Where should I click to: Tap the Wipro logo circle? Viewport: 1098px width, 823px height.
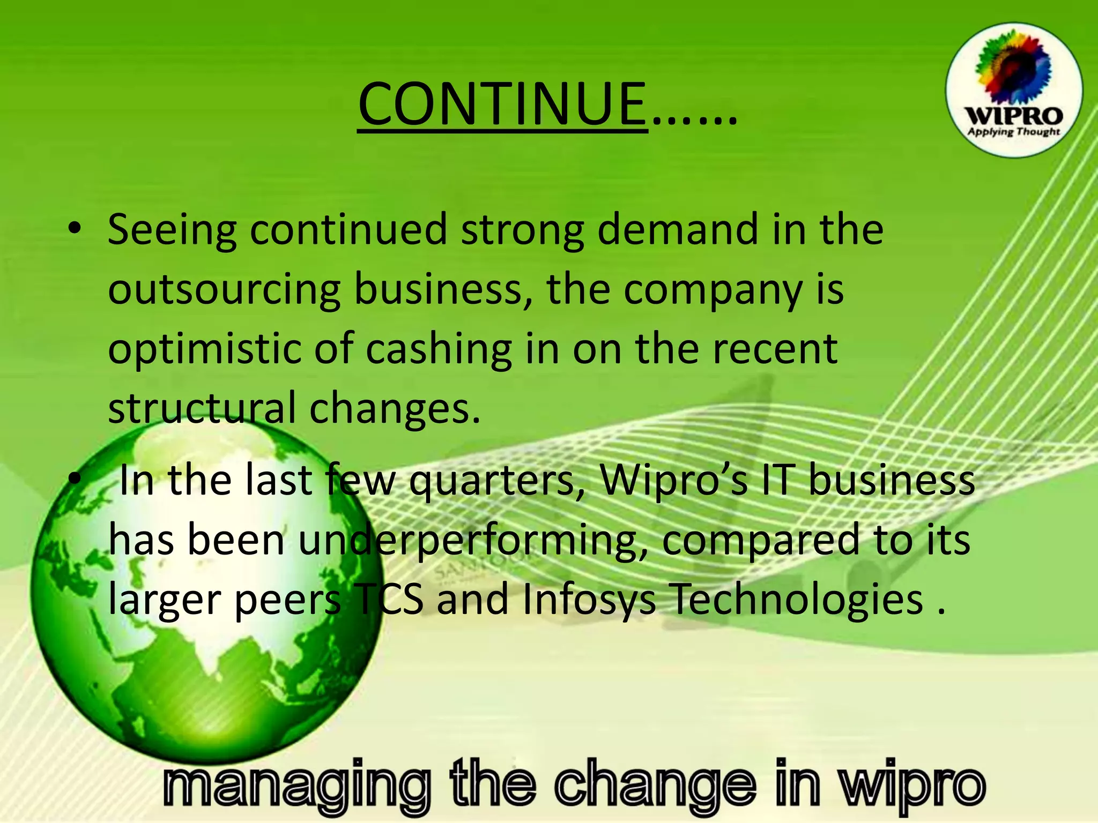pyautogui.click(x=1013, y=90)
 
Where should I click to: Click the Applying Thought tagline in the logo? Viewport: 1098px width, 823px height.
pyautogui.click(x=1013, y=132)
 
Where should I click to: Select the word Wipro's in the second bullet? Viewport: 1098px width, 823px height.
pyautogui.click(x=673, y=480)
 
